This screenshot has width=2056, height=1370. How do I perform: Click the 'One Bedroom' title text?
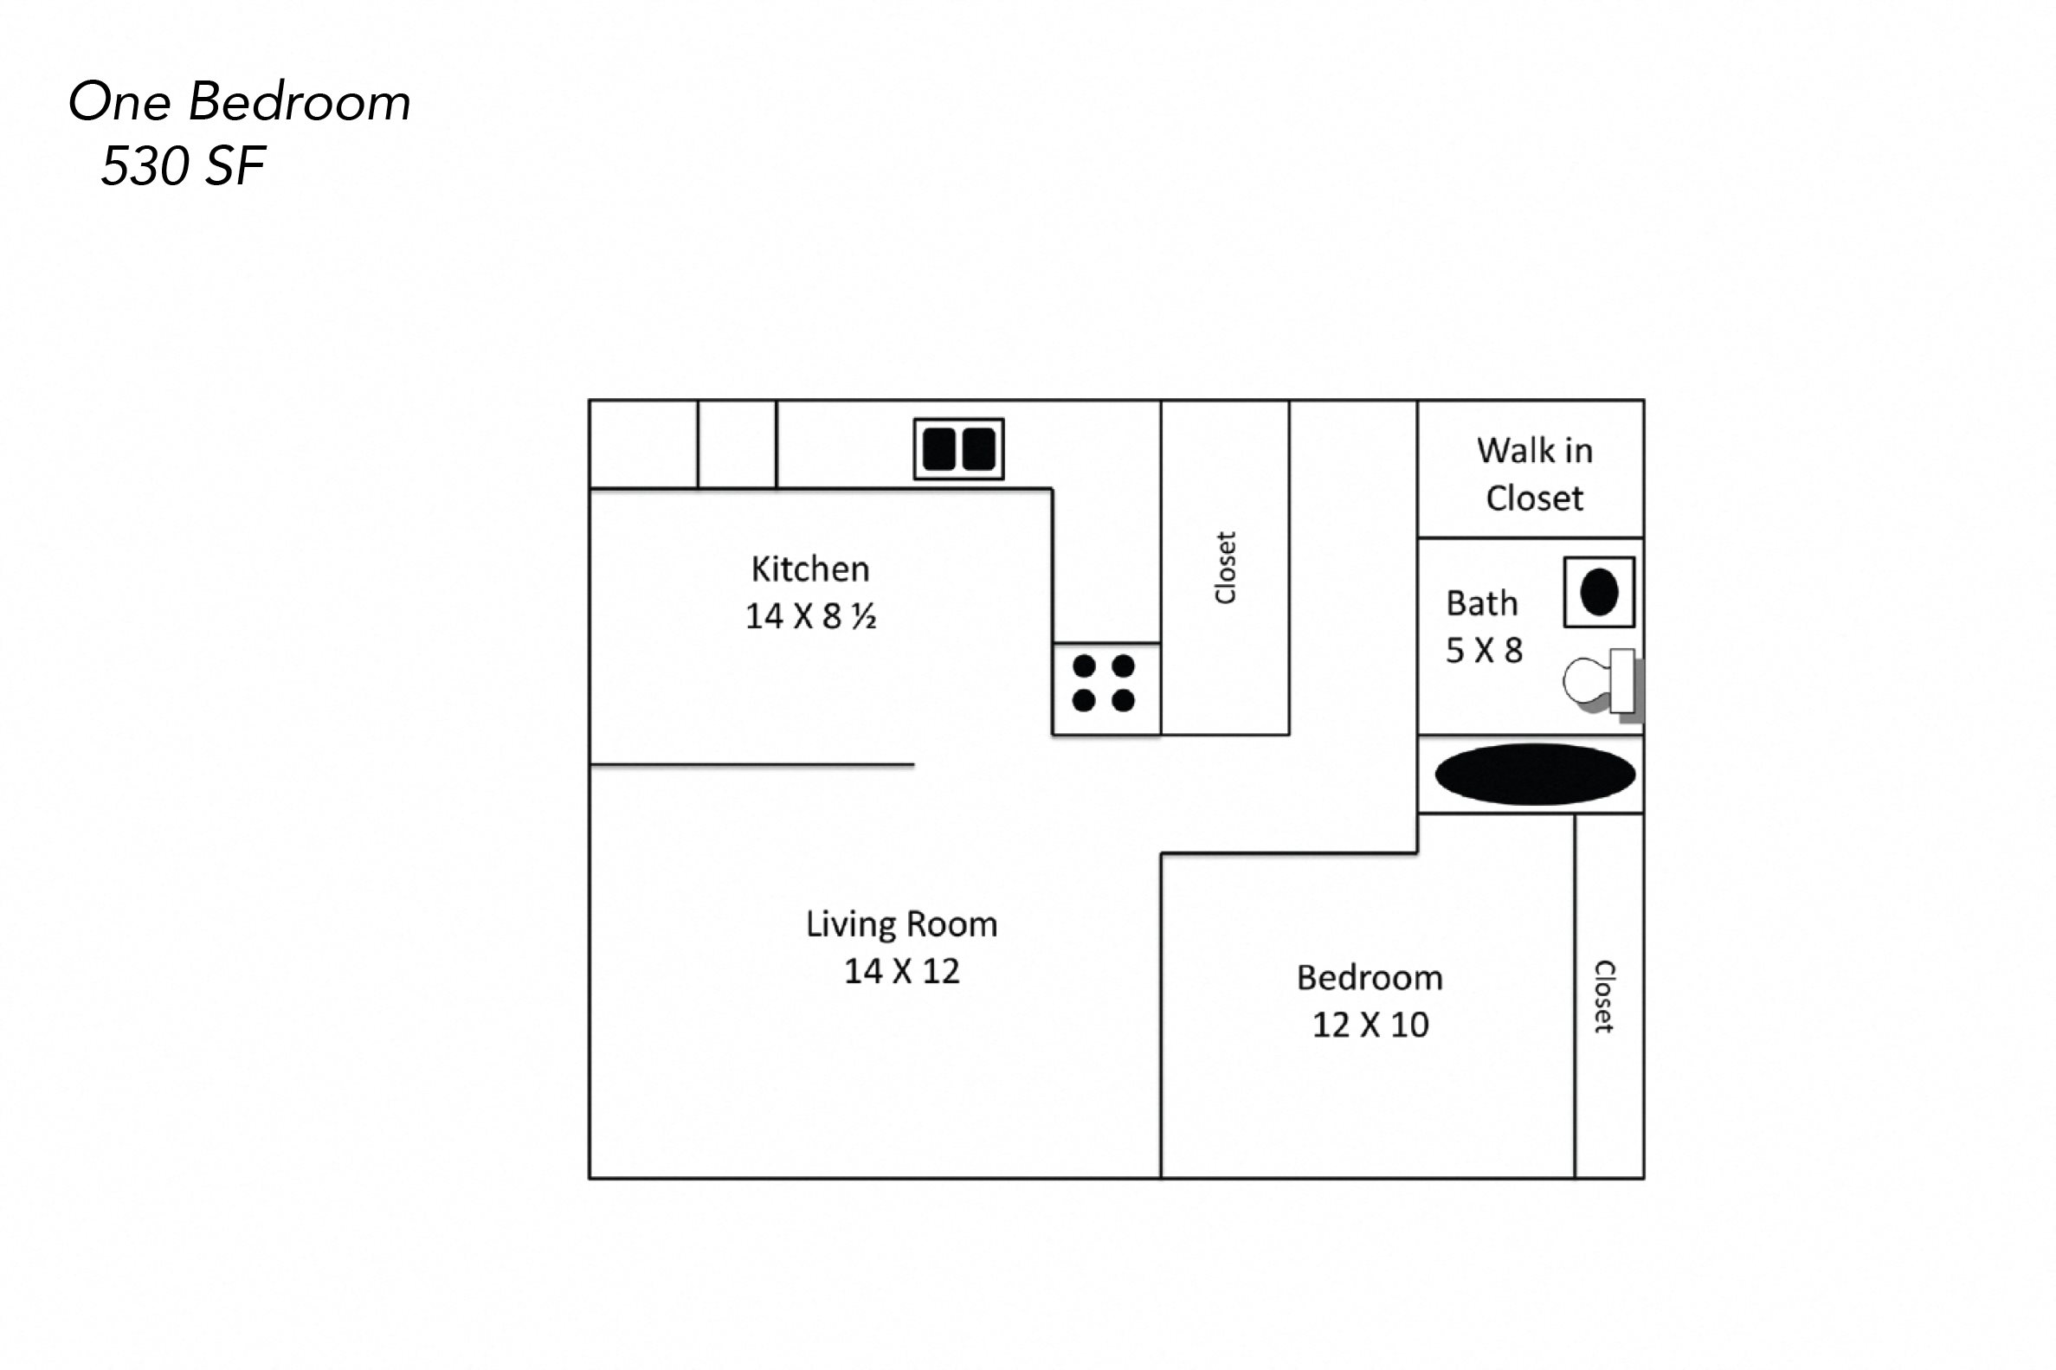[x=240, y=102]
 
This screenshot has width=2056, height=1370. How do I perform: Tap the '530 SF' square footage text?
[x=184, y=166]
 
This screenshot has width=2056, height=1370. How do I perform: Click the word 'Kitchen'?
[x=810, y=569]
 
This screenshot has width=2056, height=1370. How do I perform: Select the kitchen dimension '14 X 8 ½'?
[x=810, y=616]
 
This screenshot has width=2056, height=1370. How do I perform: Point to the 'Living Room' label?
[x=901, y=923]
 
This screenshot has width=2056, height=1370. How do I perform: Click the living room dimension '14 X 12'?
[x=901, y=971]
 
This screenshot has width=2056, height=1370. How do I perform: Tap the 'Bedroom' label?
[x=1370, y=977]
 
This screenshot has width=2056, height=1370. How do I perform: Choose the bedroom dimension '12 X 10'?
[x=1370, y=1024]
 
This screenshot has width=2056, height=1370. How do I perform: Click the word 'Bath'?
[x=1481, y=603]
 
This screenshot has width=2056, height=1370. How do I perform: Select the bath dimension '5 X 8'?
[x=1484, y=650]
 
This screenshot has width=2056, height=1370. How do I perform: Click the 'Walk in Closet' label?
[x=1534, y=474]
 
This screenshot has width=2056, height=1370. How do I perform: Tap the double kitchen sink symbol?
[x=958, y=449]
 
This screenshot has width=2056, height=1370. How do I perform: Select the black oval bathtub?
[x=1534, y=774]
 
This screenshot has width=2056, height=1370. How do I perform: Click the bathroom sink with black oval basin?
[x=1598, y=592]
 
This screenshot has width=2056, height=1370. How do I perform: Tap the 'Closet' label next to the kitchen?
[x=1225, y=567]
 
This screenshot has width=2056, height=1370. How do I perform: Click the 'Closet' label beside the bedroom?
[x=1604, y=996]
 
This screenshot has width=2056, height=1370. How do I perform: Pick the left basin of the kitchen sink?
[x=938, y=449]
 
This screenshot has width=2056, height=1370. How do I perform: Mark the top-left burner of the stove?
[x=1085, y=666]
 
